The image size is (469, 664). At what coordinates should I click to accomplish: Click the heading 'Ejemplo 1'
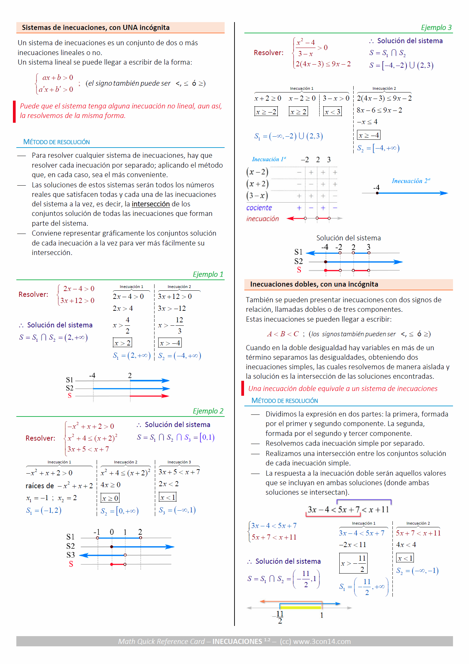coord(208,274)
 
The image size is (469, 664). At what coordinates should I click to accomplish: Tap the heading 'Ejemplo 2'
coord(208,411)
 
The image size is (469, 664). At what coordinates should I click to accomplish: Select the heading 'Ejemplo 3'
coord(436,28)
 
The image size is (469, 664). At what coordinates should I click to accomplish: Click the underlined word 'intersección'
coord(150,204)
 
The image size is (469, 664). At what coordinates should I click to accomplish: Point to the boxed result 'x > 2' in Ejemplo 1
coord(122,343)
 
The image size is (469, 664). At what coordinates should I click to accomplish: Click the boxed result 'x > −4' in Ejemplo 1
coord(170,343)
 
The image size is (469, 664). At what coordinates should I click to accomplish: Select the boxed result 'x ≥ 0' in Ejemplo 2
coord(110,498)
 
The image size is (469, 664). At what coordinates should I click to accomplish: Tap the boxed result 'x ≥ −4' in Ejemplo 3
coord(369,135)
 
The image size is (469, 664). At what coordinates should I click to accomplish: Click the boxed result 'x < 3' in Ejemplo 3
coord(332,112)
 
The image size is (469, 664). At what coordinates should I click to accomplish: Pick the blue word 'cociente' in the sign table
coord(259,208)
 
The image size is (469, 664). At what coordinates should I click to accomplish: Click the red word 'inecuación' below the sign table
coord(262,219)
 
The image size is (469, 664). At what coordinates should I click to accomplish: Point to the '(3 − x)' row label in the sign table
coord(257,195)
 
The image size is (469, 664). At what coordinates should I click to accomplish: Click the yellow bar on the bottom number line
coord(301,606)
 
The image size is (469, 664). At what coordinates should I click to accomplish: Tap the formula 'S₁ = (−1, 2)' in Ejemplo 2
coord(44,510)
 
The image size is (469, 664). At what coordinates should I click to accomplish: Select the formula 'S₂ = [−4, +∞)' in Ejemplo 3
coord(378,148)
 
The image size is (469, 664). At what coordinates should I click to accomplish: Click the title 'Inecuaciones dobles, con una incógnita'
coord(314,284)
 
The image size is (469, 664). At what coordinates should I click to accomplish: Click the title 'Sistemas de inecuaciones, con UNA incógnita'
coord(96,28)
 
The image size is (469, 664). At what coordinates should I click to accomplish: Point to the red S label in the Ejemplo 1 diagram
coord(70,395)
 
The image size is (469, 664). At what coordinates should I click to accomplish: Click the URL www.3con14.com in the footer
coord(322,642)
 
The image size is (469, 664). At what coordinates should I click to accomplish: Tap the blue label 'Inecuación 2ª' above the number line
coord(411,181)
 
